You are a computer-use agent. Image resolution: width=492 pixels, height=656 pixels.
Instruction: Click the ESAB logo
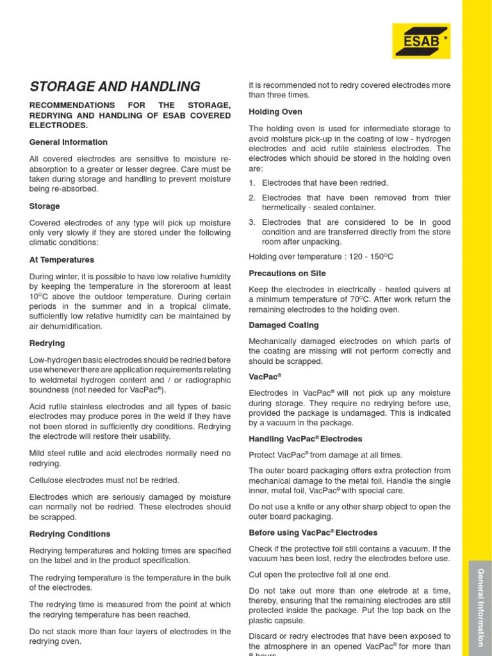point(421,41)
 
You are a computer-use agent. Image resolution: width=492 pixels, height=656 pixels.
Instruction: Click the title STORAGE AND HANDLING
point(115,86)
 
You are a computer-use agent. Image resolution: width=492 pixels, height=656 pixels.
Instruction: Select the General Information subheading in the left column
point(69,142)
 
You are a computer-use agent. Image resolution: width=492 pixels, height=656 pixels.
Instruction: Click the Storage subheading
point(45,206)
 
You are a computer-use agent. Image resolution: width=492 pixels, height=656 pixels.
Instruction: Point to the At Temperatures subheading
point(61,260)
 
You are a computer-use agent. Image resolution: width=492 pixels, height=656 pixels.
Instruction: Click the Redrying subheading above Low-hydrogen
point(47,343)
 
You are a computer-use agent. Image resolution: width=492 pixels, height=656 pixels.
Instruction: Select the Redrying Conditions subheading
point(70,534)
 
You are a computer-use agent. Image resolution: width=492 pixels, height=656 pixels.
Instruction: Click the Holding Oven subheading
point(275,112)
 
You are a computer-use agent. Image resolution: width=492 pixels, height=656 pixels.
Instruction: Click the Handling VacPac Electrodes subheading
point(305,439)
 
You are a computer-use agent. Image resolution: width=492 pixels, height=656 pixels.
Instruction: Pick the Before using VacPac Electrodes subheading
point(313,532)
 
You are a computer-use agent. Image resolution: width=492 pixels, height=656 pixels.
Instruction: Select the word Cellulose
point(49,480)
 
